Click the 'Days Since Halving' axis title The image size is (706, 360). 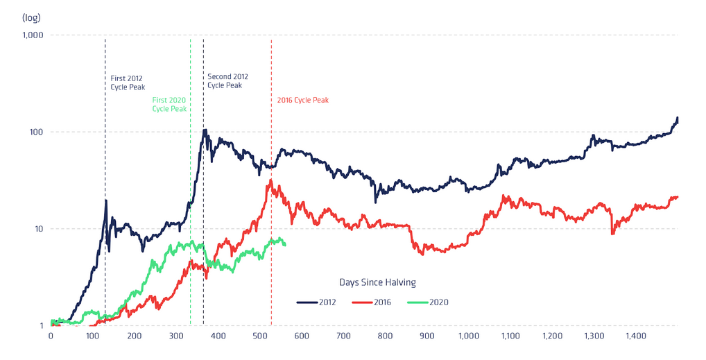click(x=377, y=282)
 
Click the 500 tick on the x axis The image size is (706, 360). click(x=259, y=336)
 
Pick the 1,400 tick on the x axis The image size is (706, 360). click(x=637, y=336)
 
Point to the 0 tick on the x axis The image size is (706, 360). click(x=51, y=336)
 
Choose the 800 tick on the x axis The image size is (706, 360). click(x=385, y=336)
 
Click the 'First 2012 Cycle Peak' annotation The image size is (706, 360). click(x=127, y=83)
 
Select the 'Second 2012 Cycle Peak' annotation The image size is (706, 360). click(x=227, y=80)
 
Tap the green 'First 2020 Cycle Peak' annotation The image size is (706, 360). click(x=169, y=104)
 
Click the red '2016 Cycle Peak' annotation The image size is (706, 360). click(x=302, y=100)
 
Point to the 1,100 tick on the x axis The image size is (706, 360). click(x=510, y=336)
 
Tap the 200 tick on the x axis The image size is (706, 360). click(x=134, y=336)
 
